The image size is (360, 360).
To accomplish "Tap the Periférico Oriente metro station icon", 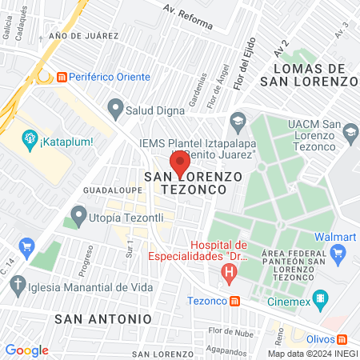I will pyautogui.click(x=62, y=77).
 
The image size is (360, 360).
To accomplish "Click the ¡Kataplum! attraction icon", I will pyautogui.click(x=30, y=142).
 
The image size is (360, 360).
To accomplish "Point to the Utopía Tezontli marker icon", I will pyautogui.click(x=78, y=214).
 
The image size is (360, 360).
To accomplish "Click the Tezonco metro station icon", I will pyautogui.click(x=234, y=302).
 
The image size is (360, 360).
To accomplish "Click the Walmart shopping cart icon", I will pyautogui.click(x=338, y=253).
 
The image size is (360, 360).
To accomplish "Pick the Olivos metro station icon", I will pyautogui.click(x=342, y=341).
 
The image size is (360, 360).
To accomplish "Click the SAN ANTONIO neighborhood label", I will pyautogui.click(x=103, y=318).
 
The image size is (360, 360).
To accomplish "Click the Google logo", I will pyautogui.click(x=26, y=350).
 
